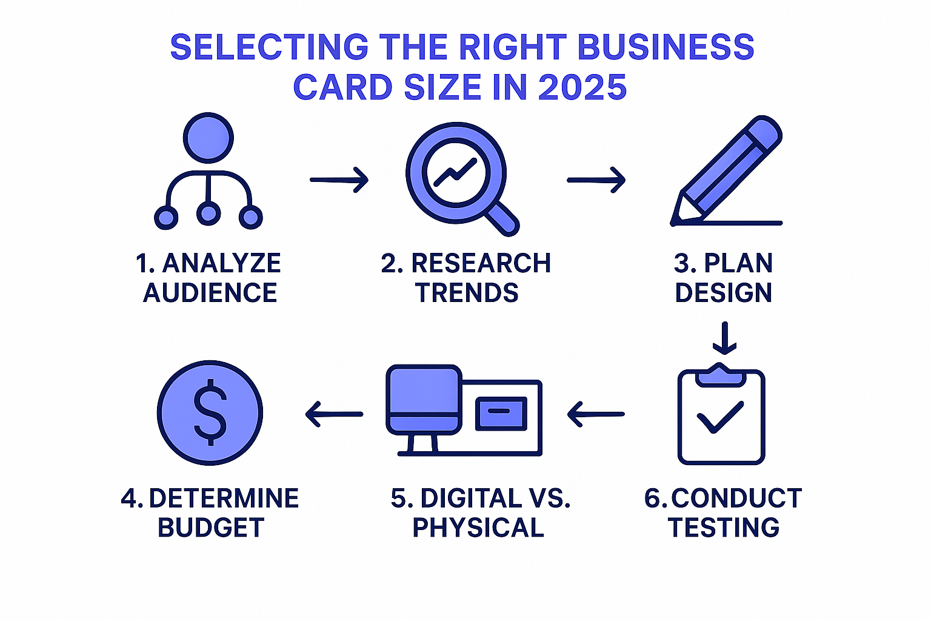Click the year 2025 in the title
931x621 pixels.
(582, 87)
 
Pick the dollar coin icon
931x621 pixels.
(210, 413)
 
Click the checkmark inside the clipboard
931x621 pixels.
(720, 417)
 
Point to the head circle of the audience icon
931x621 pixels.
(208, 138)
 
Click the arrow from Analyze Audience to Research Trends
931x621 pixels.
(339, 180)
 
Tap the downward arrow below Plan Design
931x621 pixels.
(724, 338)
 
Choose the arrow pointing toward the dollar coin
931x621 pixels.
(334, 415)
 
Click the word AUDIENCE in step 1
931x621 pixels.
(210, 293)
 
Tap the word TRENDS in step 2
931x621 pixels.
(467, 293)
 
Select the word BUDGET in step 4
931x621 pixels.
(211, 528)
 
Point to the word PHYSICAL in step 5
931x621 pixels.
(478, 528)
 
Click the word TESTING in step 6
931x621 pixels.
(724, 528)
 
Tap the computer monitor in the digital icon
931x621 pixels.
(424, 400)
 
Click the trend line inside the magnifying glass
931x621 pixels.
(455, 170)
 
